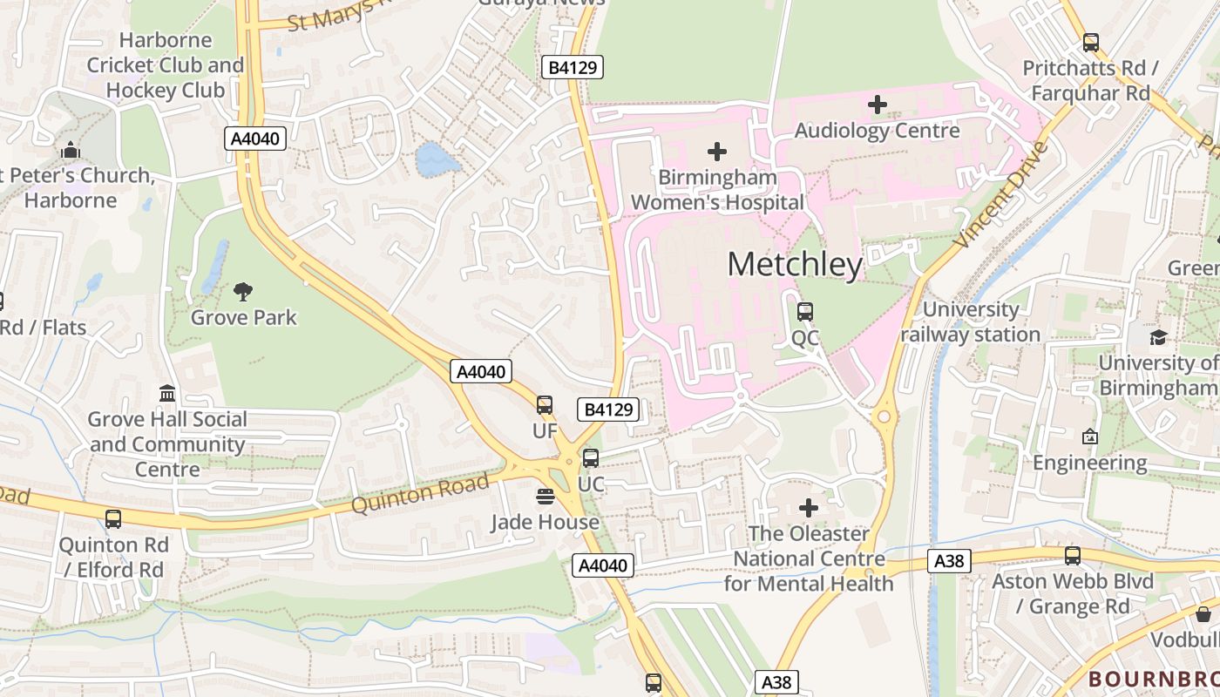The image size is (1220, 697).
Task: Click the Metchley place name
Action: [795, 264]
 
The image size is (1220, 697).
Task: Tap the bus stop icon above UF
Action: [545, 405]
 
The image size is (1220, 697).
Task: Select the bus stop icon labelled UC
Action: [591, 458]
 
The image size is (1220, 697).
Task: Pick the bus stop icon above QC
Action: [805, 311]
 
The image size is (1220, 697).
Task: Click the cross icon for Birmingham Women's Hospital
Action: [717, 152]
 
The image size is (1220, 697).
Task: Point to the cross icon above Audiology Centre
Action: [878, 105]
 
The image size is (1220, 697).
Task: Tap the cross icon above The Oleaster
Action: [809, 507]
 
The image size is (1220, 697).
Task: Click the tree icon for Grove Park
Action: [243, 292]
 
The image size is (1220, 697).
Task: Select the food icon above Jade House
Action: [546, 497]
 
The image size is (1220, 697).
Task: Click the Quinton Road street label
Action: [420, 493]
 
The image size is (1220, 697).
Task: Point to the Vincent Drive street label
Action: [1002, 196]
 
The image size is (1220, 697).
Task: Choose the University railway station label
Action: [971, 322]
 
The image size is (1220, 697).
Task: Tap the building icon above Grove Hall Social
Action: [167, 393]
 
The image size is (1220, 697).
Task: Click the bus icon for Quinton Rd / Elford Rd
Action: [113, 519]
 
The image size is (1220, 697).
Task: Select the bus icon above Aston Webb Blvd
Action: [1073, 556]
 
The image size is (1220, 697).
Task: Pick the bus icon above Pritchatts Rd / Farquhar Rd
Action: [1091, 43]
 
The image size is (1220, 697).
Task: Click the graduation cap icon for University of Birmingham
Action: [1158, 337]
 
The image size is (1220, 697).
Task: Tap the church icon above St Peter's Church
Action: [71, 150]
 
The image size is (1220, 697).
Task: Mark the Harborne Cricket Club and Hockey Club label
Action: [166, 65]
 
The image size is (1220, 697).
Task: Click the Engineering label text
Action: [1089, 463]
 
